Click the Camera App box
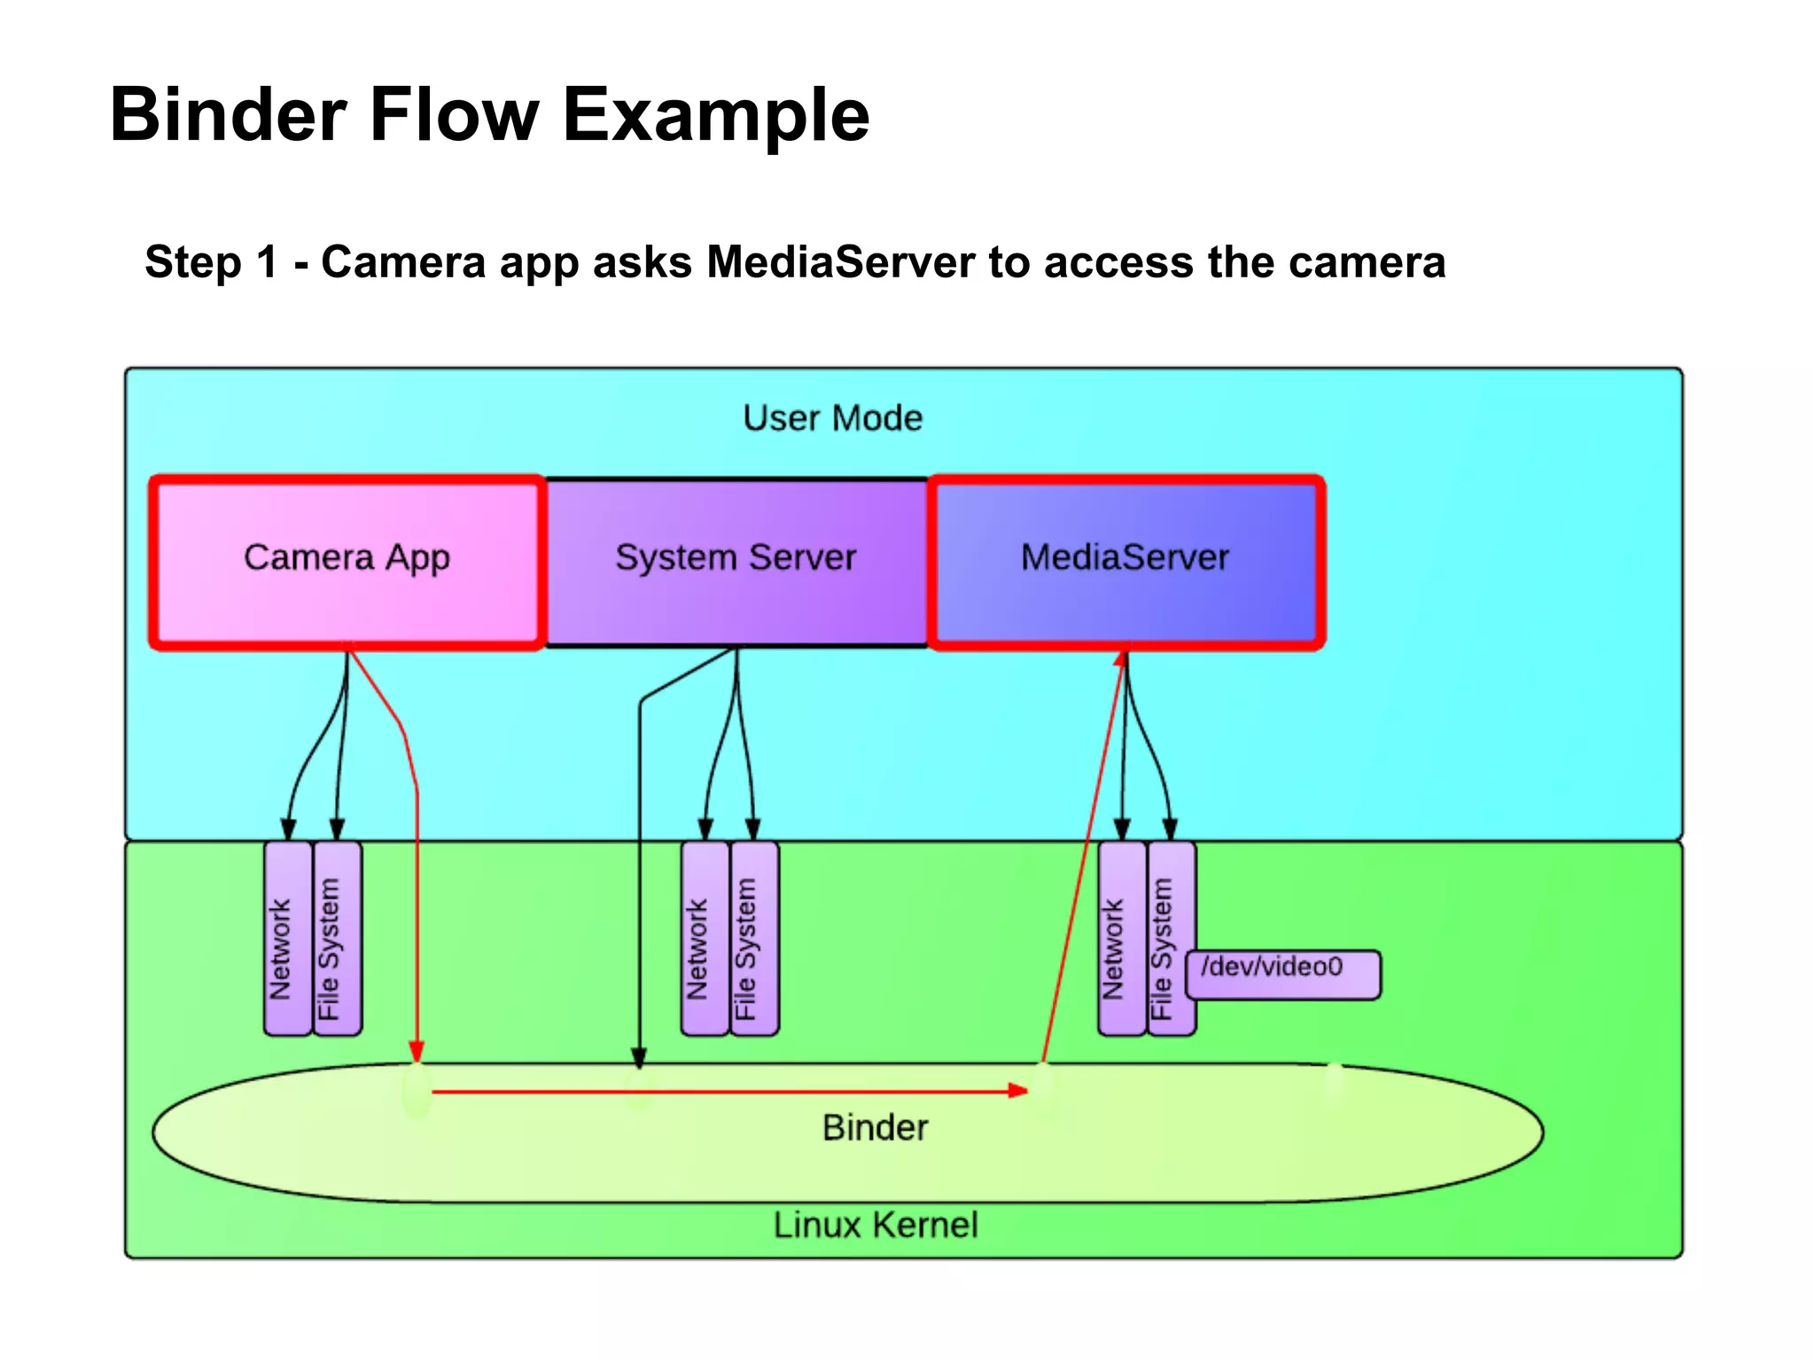click(347, 562)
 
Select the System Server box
click(736, 562)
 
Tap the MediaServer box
click(1126, 562)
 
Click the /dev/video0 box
click(1282, 975)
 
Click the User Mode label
click(832, 418)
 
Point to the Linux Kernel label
click(876, 1225)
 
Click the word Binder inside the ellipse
click(875, 1128)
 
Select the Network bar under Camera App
click(288, 939)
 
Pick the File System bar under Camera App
click(338, 939)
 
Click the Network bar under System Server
click(705, 939)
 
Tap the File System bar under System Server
click(754, 939)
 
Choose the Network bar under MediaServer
click(1121, 939)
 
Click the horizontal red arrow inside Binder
click(727, 1092)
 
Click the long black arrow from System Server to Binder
click(640, 886)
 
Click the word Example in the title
click(716, 115)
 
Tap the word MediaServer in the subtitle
click(840, 263)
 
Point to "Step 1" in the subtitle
click(211, 263)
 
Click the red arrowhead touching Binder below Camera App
click(417, 1052)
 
